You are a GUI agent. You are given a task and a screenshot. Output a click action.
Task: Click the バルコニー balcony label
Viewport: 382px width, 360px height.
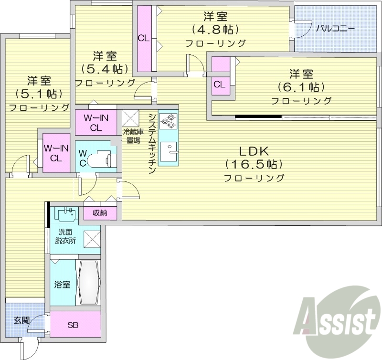(x=336, y=29)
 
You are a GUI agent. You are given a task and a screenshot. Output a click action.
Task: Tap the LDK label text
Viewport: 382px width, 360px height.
(x=254, y=151)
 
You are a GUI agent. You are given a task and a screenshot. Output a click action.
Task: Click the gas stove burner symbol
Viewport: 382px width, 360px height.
(x=168, y=121)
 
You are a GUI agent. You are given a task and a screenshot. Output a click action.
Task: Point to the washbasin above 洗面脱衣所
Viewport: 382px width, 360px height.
(x=65, y=214)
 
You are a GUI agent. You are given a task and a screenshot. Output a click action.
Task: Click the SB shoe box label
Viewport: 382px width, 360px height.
(x=73, y=326)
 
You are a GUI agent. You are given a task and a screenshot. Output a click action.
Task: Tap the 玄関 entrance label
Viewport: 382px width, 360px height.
(x=20, y=320)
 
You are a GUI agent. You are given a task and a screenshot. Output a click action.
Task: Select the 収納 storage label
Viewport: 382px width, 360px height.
(x=100, y=213)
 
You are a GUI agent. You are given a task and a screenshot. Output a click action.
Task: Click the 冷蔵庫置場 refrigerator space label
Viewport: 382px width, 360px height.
(x=133, y=136)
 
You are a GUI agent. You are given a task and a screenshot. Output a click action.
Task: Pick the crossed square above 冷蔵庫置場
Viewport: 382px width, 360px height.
(x=130, y=117)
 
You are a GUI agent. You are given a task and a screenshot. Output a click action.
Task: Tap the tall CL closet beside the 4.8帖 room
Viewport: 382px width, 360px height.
(x=144, y=38)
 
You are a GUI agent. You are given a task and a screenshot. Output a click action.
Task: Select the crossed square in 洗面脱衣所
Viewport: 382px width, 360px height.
(x=92, y=238)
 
